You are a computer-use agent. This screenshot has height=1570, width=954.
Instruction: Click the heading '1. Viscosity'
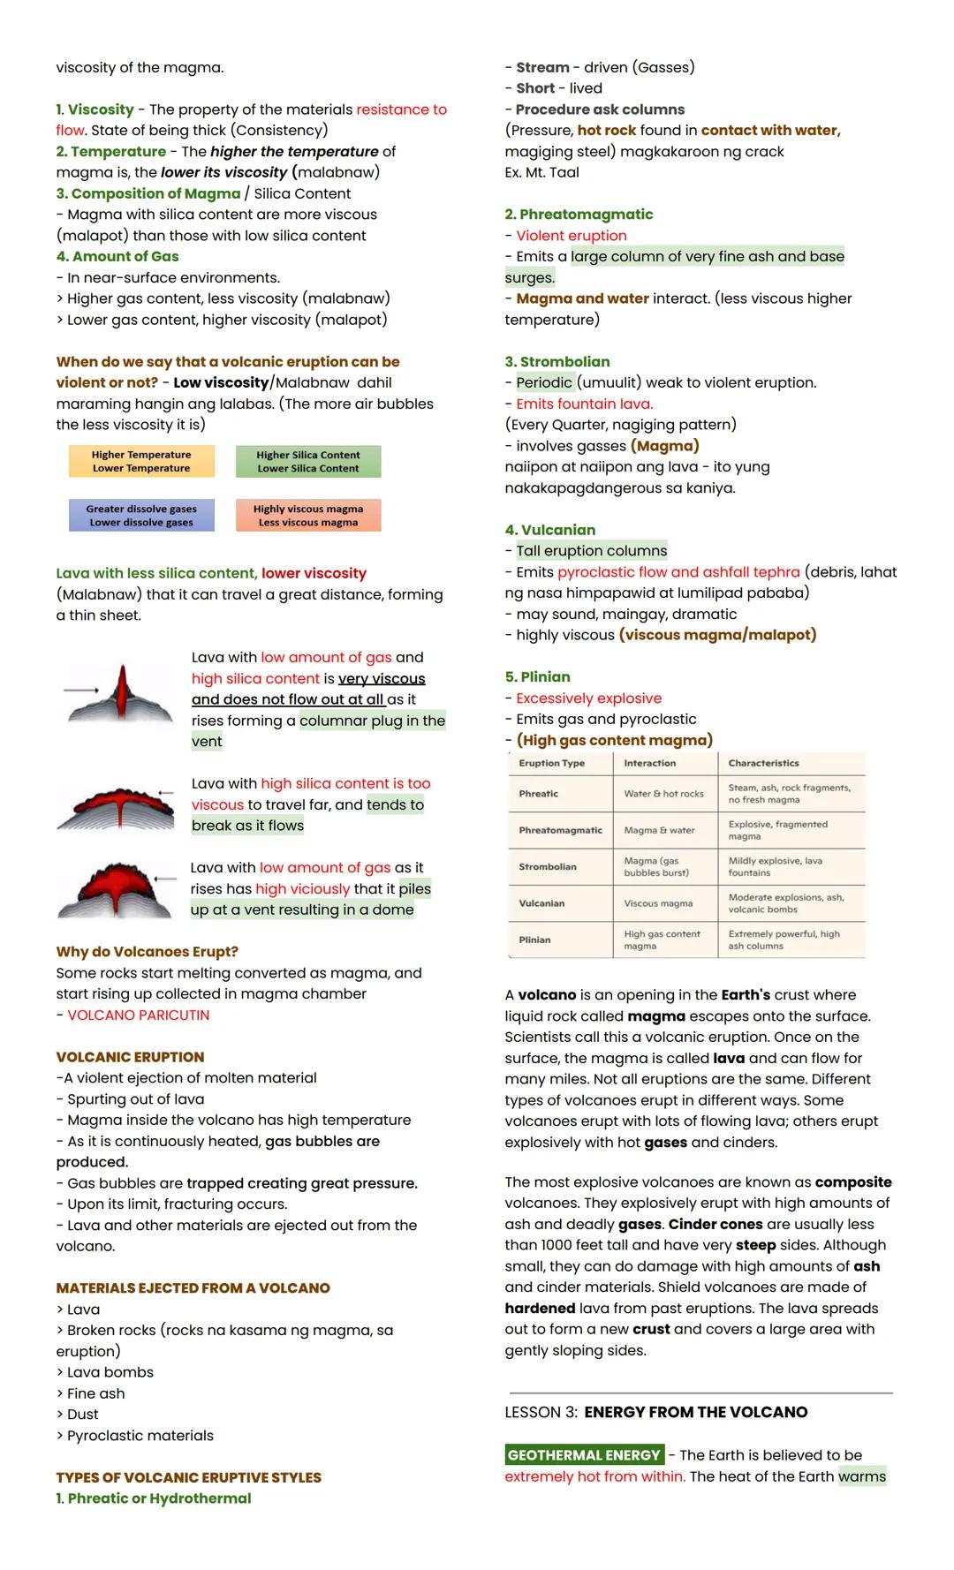[95, 109]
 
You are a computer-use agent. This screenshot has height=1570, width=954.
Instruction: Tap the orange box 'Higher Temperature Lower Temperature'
[141, 461]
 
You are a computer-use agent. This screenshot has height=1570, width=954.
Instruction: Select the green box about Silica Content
[308, 461]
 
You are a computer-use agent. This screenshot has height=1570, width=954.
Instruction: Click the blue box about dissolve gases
[141, 516]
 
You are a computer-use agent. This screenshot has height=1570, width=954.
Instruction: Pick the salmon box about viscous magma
[308, 516]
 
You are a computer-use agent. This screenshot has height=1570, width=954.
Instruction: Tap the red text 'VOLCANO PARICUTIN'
[139, 1015]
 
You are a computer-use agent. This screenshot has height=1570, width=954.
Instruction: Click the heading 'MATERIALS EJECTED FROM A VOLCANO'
[193, 1288]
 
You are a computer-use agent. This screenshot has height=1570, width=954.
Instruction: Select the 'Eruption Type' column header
[552, 763]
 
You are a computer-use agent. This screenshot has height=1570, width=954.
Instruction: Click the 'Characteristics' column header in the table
[763, 763]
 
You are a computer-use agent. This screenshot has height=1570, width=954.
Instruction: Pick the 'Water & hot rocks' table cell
[663, 794]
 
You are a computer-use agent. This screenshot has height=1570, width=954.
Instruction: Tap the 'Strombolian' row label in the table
[548, 867]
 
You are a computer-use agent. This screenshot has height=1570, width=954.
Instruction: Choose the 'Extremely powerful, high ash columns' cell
[784, 940]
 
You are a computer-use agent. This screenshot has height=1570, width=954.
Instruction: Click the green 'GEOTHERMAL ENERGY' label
[584, 1455]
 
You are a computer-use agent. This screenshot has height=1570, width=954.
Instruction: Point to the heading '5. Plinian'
[537, 677]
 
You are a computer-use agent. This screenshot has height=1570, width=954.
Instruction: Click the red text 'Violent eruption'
[572, 236]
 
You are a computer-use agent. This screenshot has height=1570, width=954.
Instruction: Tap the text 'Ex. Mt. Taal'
[541, 172]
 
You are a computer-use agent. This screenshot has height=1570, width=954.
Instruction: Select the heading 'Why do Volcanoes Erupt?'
[147, 952]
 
